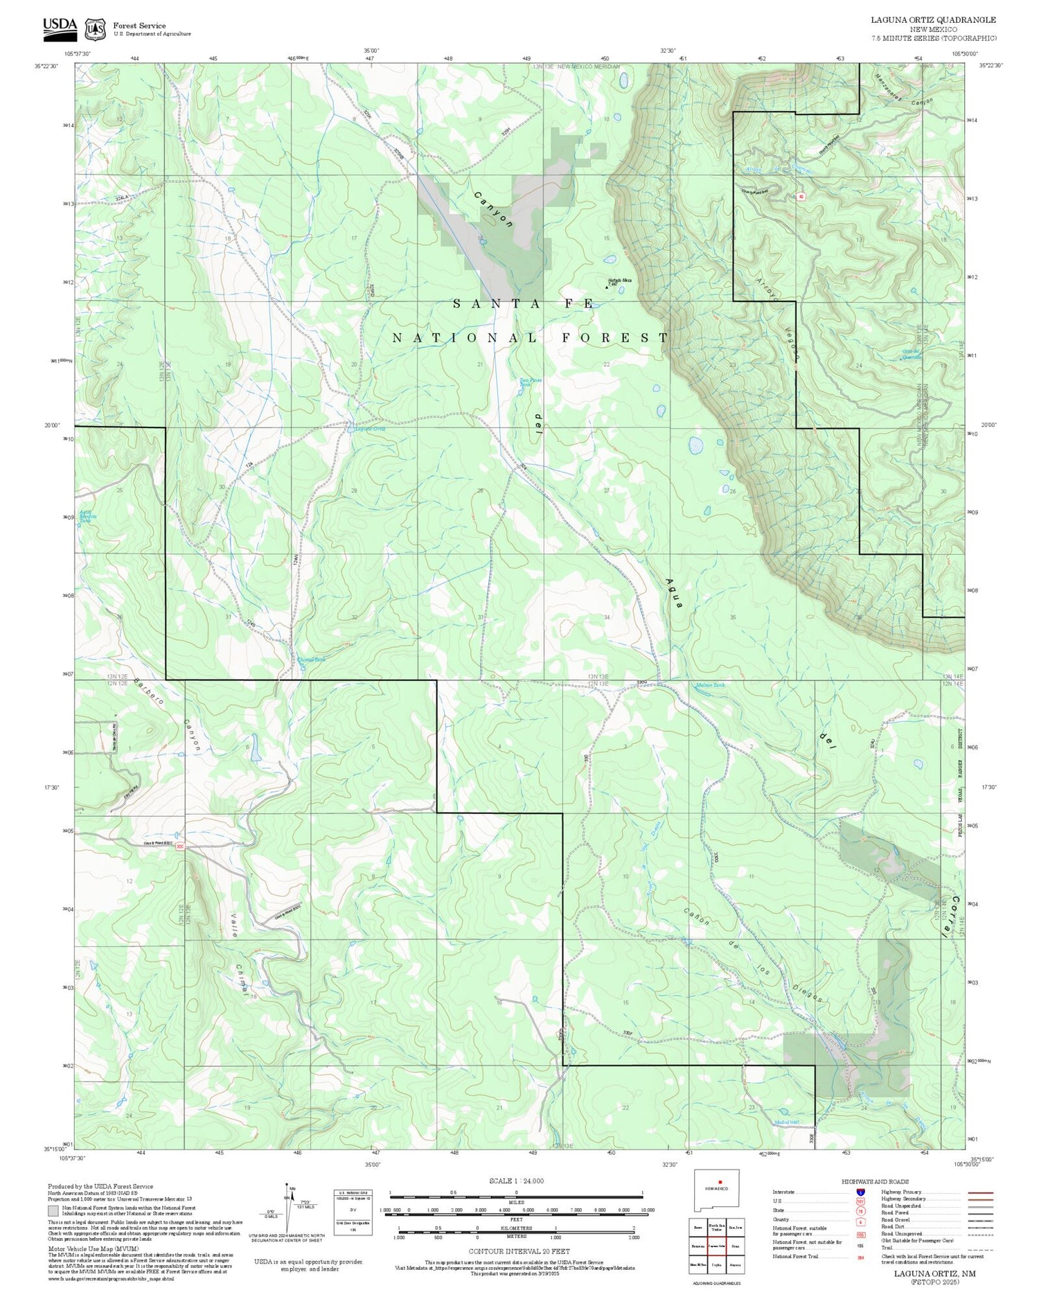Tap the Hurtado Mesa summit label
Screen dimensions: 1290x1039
619,281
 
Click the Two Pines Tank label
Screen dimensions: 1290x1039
531,382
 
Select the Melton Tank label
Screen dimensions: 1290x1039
710,685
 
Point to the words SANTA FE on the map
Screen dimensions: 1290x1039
524,303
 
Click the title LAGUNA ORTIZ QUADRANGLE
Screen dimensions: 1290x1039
933,20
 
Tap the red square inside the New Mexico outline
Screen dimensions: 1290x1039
720,1182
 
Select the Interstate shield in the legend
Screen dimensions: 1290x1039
860,1192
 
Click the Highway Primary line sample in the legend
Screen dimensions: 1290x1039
976,1192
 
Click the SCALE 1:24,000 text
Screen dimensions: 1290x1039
516,1181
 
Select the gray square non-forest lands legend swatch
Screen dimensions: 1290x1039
53,1212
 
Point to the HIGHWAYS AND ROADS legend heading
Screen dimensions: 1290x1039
875,1182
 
